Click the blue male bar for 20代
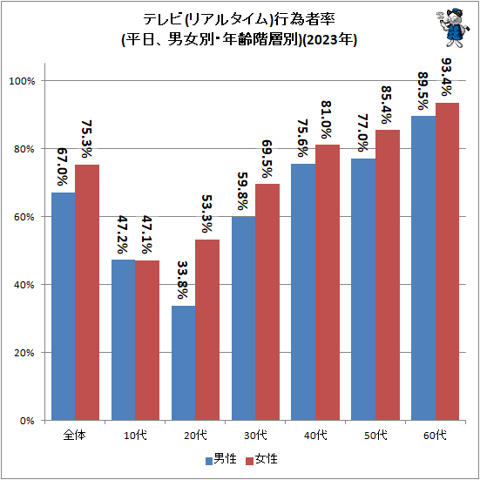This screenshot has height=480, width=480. [183, 362]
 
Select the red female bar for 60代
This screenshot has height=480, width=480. [447, 261]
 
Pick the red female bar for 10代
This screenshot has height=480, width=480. [147, 340]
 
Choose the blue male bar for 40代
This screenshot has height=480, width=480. [303, 292]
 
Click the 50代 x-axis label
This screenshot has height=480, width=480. [375, 435]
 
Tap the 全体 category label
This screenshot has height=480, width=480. [75, 435]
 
